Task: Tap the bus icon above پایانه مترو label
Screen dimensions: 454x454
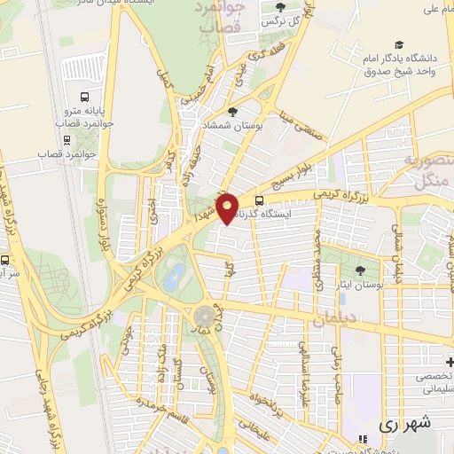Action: [84, 97]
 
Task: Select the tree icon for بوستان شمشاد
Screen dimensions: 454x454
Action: [232, 112]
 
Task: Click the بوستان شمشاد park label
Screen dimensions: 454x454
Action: [235, 128]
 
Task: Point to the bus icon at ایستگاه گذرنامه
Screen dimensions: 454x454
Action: [259, 200]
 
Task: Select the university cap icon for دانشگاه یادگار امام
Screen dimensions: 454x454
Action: [400, 44]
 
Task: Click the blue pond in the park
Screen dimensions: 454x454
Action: [176, 273]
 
